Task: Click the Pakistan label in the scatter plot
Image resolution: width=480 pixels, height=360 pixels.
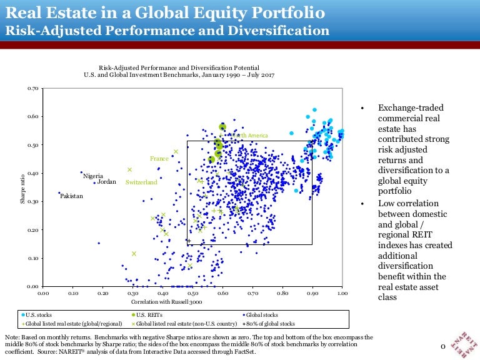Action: point(71,196)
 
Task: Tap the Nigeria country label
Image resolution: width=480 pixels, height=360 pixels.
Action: point(92,176)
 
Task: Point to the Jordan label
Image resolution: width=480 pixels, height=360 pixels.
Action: point(107,182)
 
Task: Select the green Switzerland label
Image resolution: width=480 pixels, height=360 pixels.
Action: point(141,182)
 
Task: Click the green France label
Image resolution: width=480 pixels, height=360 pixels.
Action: point(159,159)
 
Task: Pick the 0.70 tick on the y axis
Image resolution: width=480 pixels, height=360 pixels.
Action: point(33,89)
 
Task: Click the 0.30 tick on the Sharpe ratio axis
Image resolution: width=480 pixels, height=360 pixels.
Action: point(33,202)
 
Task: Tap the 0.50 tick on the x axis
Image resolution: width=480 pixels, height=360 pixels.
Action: point(192,292)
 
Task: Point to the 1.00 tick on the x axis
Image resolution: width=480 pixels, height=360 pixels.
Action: point(342,292)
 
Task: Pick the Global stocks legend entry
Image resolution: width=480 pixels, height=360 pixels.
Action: point(260,315)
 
